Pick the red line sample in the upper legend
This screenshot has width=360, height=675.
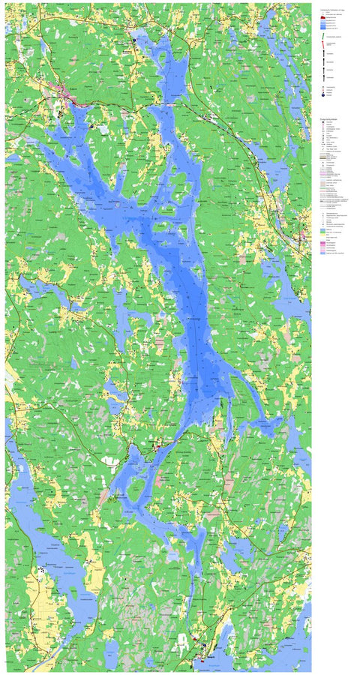pos(324,45)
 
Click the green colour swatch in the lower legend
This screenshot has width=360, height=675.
pos(323,233)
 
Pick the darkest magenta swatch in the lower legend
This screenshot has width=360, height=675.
pos(323,242)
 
